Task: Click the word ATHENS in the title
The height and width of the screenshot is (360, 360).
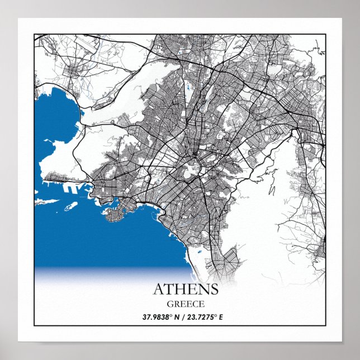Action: (x=185, y=290)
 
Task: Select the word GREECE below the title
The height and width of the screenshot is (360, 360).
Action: (x=185, y=304)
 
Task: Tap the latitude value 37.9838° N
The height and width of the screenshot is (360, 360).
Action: (x=163, y=317)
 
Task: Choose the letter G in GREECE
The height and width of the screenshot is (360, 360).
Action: (x=169, y=304)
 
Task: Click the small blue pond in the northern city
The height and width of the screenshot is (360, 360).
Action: (x=188, y=89)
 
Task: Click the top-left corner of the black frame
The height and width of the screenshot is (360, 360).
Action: (x=34, y=35)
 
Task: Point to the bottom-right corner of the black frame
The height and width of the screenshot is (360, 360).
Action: (x=325, y=325)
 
